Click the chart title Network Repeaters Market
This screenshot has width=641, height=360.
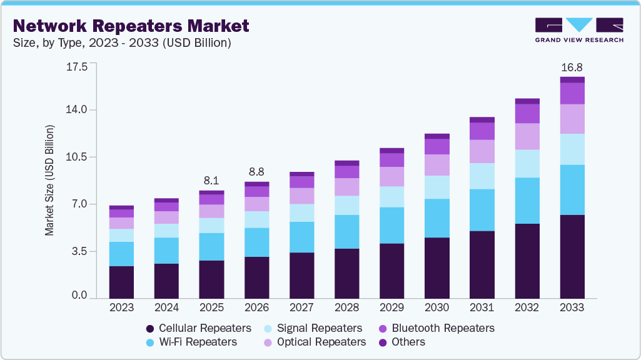tap(131, 26)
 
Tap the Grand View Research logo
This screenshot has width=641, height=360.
tap(579, 29)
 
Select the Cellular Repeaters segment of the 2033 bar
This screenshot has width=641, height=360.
tap(572, 256)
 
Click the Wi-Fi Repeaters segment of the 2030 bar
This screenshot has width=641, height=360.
tap(437, 218)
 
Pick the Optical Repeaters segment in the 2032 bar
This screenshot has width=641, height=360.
tap(527, 136)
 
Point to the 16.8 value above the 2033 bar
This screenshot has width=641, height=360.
tap(572, 67)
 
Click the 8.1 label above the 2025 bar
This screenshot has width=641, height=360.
tap(211, 181)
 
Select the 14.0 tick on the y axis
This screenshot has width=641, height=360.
tap(76, 110)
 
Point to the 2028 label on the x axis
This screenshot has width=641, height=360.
tap(346, 307)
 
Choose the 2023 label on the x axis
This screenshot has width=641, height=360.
tap(121, 307)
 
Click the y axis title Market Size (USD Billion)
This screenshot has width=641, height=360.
tap(49, 180)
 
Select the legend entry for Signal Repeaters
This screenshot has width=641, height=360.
tap(319, 328)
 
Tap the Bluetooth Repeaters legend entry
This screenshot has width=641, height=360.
tap(443, 328)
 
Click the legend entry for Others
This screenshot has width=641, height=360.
tap(408, 342)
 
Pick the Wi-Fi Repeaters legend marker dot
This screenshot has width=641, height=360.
tap(149, 342)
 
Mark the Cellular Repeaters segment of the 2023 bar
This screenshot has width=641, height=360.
tap(121, 282)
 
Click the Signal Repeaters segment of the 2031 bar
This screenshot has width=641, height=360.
tap(482, 176)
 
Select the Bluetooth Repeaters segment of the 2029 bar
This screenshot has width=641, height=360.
tap(391, 160)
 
